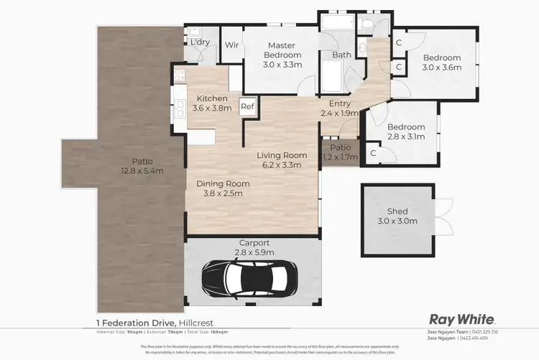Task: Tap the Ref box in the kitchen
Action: (x=247, y=106)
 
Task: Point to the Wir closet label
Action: (x=231, y=45)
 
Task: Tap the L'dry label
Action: (x=199, y=42)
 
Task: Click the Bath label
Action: (x=341, y=55)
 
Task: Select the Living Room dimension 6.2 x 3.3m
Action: (x=283, y=165)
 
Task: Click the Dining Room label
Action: (x=224, y=183)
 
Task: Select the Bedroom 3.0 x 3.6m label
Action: (x=442, y=63)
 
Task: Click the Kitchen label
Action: (x=212, y=98)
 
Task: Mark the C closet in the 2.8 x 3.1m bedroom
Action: (x=373, y=153)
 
